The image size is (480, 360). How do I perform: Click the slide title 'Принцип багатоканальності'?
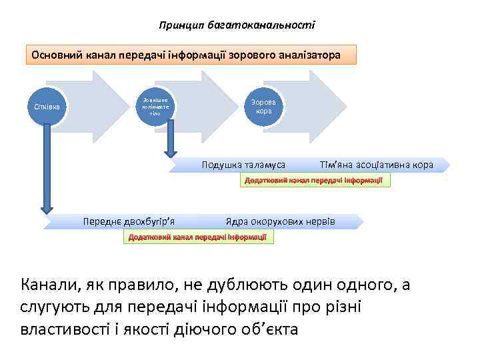coord(237,25)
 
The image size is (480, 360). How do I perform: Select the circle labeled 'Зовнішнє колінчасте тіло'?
coord(156,106)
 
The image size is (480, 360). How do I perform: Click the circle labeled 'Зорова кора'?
coord(264,106)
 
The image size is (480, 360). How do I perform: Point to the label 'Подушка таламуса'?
coord(243,164)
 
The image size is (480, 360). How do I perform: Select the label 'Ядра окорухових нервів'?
coord(280,221)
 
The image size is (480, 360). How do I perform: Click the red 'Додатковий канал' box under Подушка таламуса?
coord(313,181)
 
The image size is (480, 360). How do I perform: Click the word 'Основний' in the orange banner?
coord(55,54)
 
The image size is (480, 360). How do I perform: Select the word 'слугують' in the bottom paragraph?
coord(57,307)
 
